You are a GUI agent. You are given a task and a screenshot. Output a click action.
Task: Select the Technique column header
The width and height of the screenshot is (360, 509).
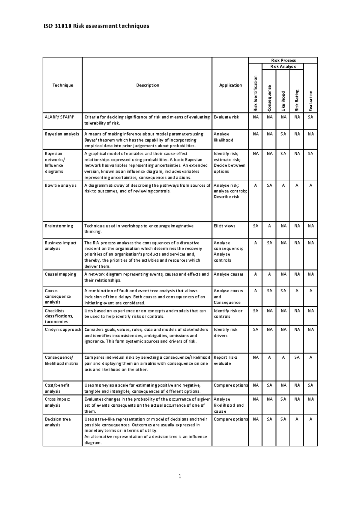pos(63,85)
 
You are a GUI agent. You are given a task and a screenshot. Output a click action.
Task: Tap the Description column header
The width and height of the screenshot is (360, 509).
pos(148,85)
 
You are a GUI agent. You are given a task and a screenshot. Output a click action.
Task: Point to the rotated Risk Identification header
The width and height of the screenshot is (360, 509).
pos(256,93)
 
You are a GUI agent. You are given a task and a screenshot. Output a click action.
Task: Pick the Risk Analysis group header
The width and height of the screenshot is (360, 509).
pos(283,67)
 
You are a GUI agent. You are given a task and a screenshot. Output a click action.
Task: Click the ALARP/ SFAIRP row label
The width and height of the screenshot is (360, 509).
pos(59,117)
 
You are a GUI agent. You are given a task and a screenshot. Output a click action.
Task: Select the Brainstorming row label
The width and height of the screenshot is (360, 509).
pos(59,226)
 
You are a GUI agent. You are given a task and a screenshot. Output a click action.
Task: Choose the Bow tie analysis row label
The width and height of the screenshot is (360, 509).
pos(61,185)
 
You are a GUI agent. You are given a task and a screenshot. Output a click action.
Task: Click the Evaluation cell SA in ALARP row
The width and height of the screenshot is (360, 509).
pos(310,117)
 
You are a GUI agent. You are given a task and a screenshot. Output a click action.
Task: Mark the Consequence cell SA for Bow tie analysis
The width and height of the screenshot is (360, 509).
pos(269,185)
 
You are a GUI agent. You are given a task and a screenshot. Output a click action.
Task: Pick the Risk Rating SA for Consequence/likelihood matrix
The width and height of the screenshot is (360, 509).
pos(297,357)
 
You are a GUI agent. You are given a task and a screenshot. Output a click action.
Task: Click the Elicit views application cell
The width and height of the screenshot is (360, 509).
pos(224,226)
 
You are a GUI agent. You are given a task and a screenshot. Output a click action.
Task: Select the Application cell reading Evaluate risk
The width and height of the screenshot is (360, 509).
pos(226,117)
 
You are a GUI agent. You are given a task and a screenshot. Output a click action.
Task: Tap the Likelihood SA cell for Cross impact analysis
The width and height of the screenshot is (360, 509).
pos(283,399)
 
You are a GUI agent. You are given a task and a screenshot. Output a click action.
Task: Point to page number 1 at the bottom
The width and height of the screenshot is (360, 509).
pos(180,476)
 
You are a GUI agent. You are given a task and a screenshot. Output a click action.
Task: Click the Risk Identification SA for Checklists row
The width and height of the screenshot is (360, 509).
pos(256,311)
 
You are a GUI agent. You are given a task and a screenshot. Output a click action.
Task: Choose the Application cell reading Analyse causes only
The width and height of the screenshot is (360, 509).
pos(228,274)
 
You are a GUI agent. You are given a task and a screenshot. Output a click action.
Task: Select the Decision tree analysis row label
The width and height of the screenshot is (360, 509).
pos(58,422)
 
